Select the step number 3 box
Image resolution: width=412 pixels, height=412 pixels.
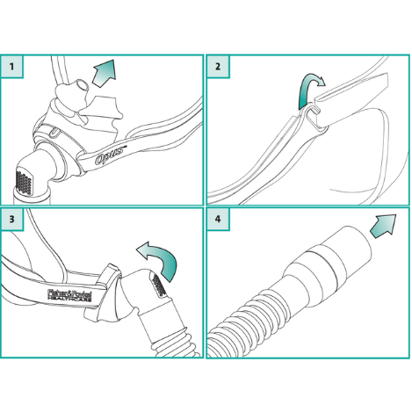[x=12, y=219]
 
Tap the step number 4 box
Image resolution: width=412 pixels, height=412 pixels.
[x=218, y=219]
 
